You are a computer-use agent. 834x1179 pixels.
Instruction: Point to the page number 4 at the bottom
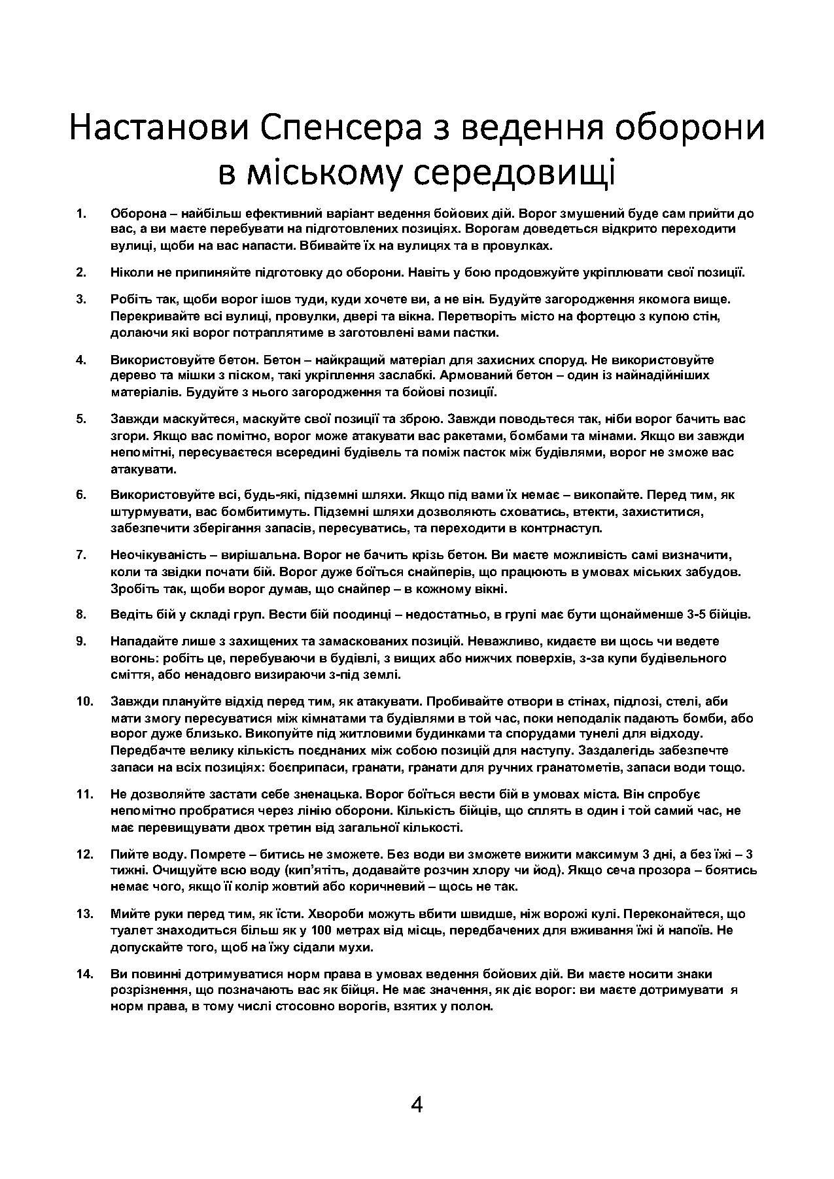417,1104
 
